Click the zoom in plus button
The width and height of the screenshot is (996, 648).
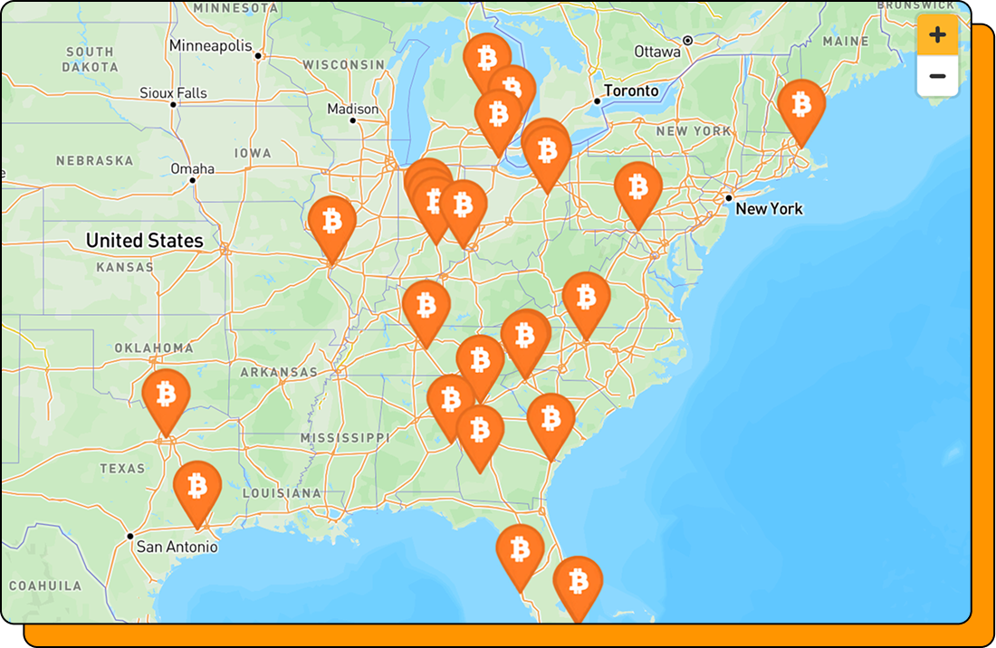(x=937, y=35)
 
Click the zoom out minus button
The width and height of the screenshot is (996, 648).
(x=937, y=76)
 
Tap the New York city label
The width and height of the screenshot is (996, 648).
(x=769, y=209)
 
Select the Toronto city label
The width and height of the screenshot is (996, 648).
(x=631, y=91)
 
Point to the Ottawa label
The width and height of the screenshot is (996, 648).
(x=657, y=52)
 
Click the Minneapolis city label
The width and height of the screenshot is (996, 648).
(x=211, y=45)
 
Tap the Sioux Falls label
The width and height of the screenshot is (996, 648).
(x=173, y=93)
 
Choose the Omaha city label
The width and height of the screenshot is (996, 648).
(x=193, y=169)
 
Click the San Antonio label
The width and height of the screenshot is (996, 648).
(x=177, y=547)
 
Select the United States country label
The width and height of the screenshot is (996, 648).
(x=144, y=241)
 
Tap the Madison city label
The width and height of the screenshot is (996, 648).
(x=353, y=110)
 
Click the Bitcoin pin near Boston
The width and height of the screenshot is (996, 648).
(x=801, y=107)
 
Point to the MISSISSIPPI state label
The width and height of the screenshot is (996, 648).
(x=344, y=438)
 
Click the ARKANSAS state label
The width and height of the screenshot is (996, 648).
(x=279, y=372)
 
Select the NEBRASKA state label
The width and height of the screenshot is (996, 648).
(x=94, y=161)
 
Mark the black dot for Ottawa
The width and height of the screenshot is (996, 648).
(x=688, y=41)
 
